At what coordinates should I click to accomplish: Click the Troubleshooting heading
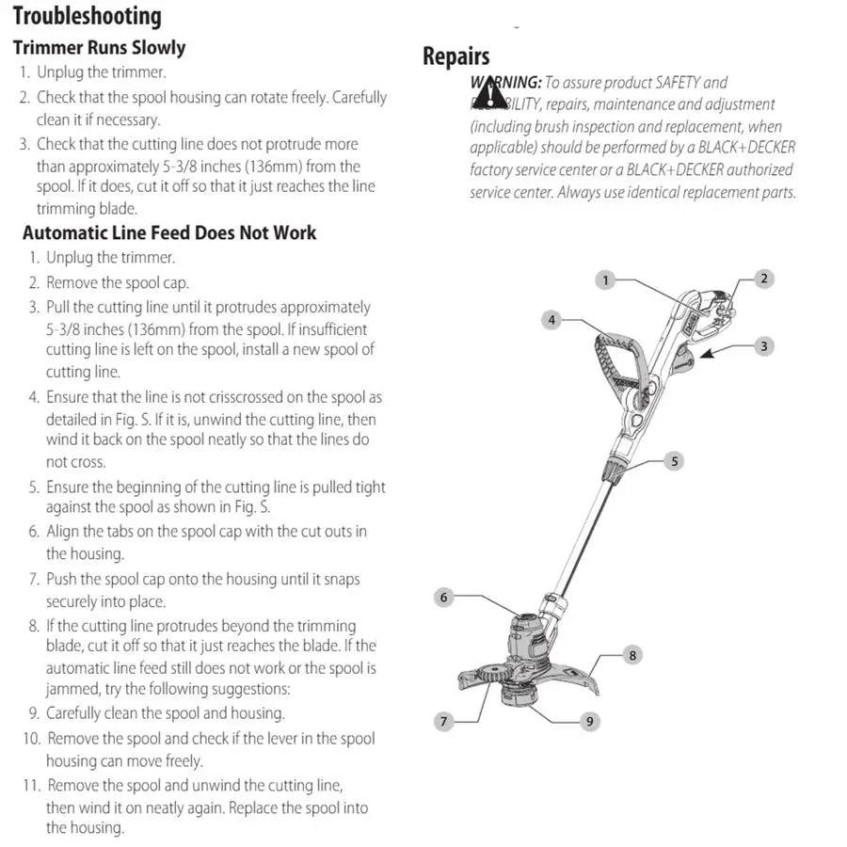[x=88, y=16]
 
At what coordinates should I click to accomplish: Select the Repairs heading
[x=455, y=56]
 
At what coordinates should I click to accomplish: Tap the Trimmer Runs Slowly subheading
[x=99, y=47]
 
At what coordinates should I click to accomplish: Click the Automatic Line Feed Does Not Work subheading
[x=169, y=232]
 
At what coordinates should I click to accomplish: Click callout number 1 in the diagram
[x=606, y=280]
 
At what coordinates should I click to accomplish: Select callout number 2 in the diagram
[x=764, y=279]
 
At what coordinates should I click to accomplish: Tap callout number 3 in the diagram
[x=764, y=346]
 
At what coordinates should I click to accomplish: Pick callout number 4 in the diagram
[x=552, y=320]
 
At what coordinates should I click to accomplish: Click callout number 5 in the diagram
[x=674, y=461]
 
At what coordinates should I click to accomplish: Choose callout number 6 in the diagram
[x=445, y=597]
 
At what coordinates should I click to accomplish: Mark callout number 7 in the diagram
[x=445, y=722]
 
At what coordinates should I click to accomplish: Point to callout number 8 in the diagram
[x=632, y=655]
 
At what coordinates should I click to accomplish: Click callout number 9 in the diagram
[x=590, y=722]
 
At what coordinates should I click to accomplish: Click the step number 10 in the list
[x=32, y=739]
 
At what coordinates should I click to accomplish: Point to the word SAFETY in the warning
[x=678, y=83]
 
